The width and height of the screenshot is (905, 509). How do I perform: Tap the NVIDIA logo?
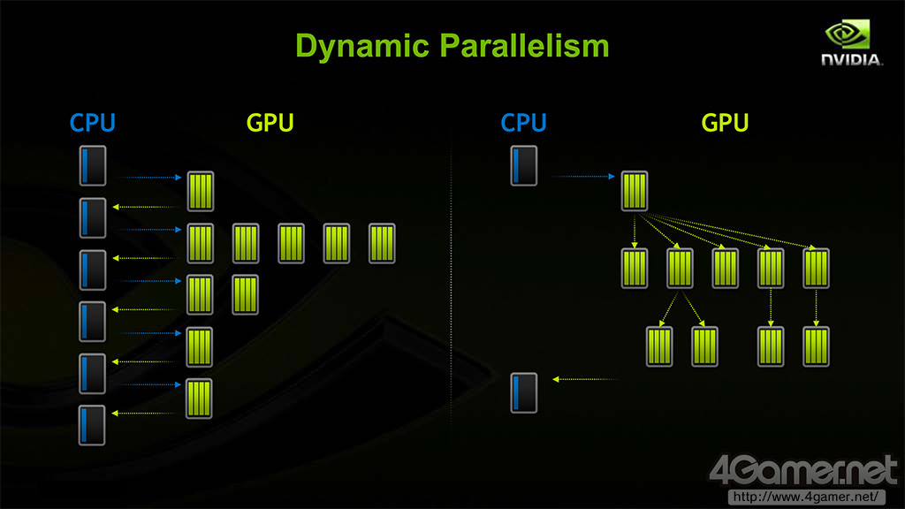point(851,43)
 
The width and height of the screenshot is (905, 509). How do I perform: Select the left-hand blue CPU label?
point(93,122)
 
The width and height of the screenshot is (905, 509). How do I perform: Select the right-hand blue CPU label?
point(523,122)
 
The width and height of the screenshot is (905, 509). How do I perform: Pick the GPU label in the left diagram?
point(270,122)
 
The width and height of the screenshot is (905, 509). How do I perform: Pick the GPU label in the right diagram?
point(725,122)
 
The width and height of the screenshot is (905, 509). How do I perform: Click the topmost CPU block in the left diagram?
point(93,165)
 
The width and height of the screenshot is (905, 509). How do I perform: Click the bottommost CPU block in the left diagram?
point(93,425)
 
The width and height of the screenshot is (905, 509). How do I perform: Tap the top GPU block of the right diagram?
point(635,191)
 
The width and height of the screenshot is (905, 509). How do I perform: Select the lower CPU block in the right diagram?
point(523,393)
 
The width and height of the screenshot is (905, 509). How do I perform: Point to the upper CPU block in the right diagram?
point(523,165)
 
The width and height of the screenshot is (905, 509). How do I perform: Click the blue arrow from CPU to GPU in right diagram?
point(583,177)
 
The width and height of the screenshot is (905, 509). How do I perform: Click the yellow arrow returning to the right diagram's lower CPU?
point(583,379)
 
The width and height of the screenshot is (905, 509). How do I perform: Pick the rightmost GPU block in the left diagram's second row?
point(381,243)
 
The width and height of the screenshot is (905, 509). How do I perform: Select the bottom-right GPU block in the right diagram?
point(816,346)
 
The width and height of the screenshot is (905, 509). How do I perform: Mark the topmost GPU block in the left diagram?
point(201,191)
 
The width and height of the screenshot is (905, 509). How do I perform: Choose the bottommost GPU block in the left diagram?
point(199,399)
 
